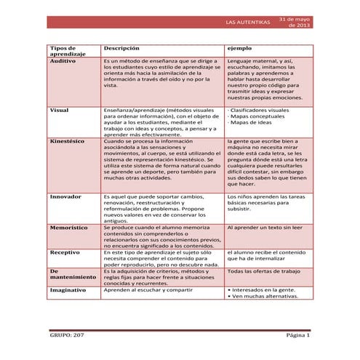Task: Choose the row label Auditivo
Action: tap(63, 62)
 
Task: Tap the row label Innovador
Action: tap(66, 196)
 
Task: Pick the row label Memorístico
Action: tap(69, 228)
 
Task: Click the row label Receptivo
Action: tap(65, 252)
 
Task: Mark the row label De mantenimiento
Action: tap(72, 273)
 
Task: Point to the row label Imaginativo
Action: tap(68, 289)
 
